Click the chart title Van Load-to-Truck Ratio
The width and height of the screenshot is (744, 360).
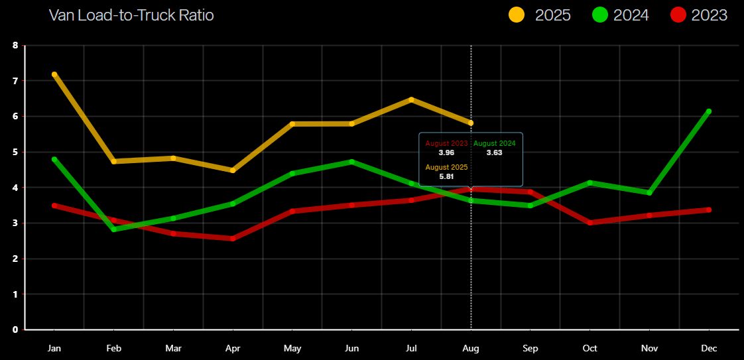[131, 15]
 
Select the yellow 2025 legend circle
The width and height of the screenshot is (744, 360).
[517, 15]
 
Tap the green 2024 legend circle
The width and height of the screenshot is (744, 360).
[600, 15]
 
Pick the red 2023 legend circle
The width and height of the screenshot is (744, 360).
[678, 15]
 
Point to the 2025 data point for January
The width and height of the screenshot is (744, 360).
[54, 74]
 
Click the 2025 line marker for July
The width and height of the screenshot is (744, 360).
[411, 99]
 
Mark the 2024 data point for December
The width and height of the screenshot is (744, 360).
[709, 111]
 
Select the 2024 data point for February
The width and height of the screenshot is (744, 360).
[114, 229]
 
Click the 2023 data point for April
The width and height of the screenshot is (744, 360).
[233, 239]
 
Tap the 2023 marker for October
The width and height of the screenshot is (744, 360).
[589, 223]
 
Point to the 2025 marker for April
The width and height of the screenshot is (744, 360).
[233, 170]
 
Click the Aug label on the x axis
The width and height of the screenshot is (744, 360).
[471, 348]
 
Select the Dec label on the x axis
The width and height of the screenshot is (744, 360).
[709, 348]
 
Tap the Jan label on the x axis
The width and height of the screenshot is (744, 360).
[54, 348]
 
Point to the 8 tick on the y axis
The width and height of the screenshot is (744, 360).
[15, 46]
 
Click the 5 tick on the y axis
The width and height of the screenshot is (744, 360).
[15, 152]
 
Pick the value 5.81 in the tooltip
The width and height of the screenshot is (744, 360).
[446, 176]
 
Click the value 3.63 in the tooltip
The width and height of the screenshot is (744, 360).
[494, 152]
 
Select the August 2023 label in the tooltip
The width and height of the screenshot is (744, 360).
[446, 143]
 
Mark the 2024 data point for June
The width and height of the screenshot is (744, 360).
[351, 161]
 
